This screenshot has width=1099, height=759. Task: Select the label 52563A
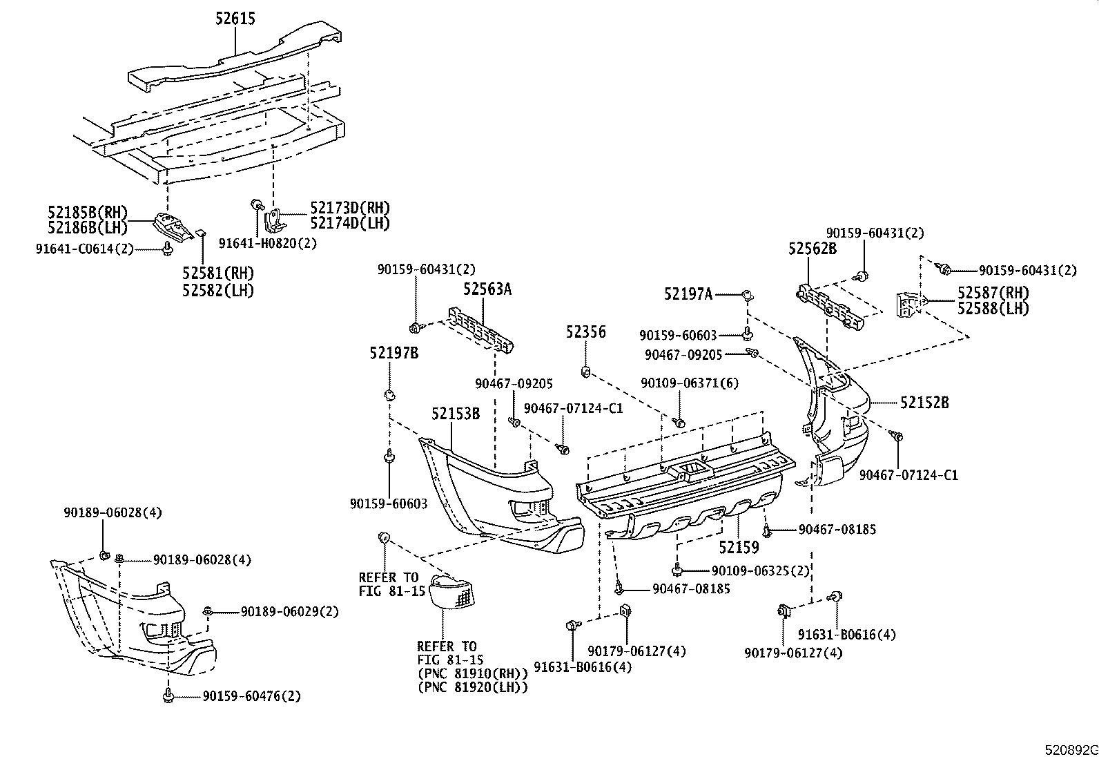(487, 289)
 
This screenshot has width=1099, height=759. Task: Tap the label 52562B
(813, 249)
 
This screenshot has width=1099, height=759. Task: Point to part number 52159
(739, 548)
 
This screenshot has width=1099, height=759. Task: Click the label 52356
(586, 332)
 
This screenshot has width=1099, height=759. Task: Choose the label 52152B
(924, 402)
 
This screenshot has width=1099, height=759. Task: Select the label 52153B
(456, 414)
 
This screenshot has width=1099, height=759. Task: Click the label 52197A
(688, 295)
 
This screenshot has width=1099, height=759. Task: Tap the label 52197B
(393, 353)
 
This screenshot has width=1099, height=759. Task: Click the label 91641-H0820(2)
(268, 243)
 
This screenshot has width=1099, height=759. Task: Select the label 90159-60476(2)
(251, 696)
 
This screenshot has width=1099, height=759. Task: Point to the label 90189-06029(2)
(290, 612)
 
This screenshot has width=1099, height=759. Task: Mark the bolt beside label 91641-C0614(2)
(168, 249)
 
